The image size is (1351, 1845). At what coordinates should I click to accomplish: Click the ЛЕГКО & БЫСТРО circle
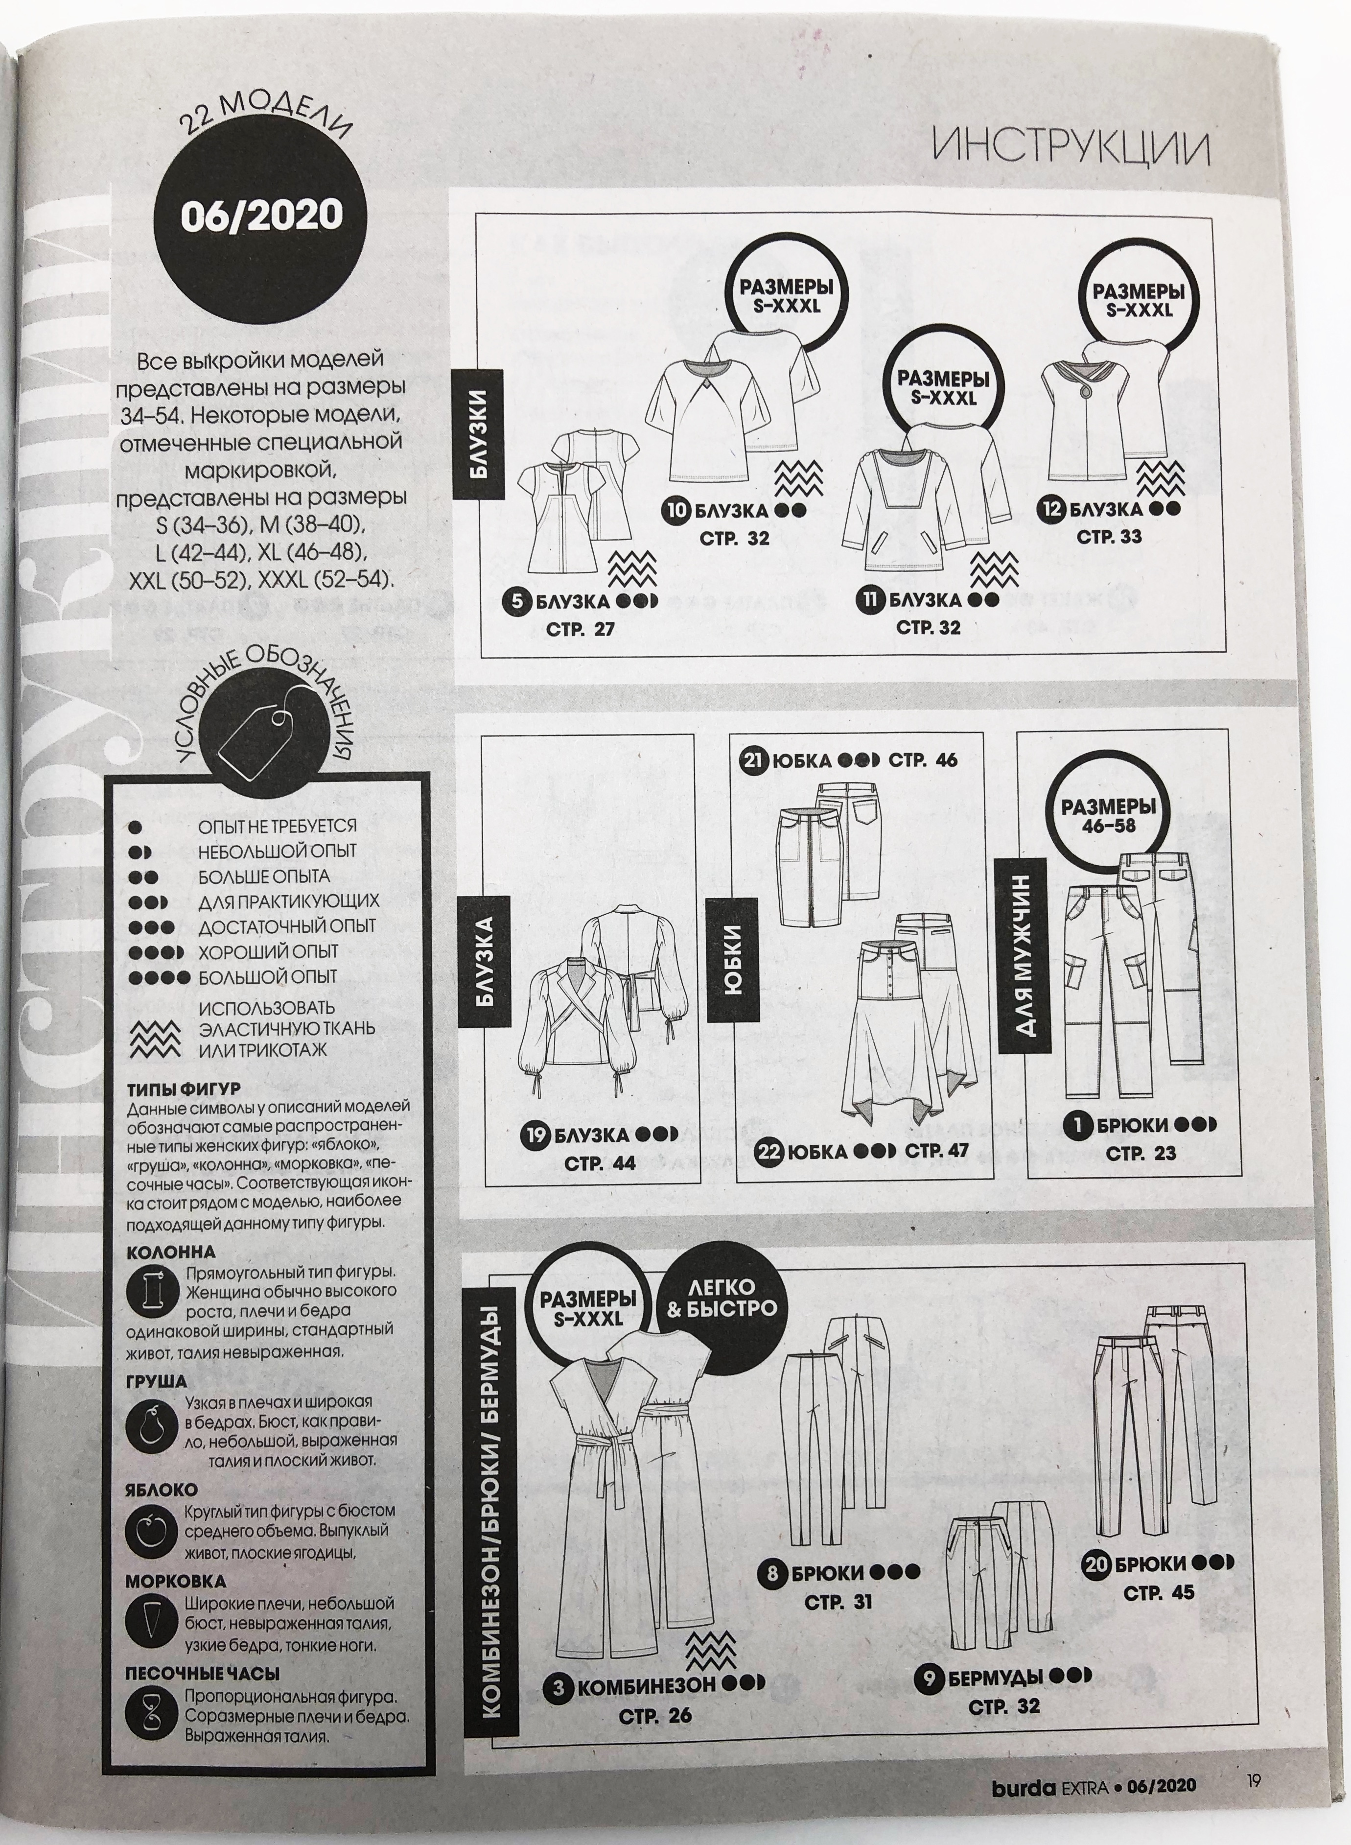pyautogui.click(x=722, y=1298)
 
